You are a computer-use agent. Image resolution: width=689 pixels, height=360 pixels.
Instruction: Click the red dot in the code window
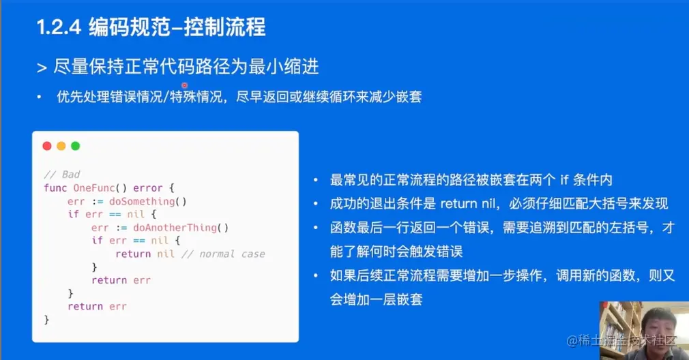coord(47,146)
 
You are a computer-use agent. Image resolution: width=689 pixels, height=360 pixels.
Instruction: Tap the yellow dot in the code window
coord(61,146)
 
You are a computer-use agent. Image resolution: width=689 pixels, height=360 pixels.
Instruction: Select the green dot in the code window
coord(76,146)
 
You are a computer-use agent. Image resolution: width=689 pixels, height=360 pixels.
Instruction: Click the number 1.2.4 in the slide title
coord(59,27)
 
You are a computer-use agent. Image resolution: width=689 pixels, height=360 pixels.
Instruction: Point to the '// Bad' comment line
coord(62,175)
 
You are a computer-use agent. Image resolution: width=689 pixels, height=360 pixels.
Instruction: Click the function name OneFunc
coord(94,188)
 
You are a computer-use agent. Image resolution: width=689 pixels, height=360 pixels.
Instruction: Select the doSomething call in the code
coord(147,202)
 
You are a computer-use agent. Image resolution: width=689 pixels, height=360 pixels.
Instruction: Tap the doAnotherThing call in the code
coord(181,228)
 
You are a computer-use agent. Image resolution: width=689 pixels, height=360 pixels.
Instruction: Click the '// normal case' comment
coord(223,254)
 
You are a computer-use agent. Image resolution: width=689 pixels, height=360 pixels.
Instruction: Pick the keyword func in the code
coord(55,188)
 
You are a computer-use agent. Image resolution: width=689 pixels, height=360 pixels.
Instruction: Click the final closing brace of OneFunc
coord(46,320)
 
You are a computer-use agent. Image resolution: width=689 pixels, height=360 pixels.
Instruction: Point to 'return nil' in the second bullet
coord(467,204)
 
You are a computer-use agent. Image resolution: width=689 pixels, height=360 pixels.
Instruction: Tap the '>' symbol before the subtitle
coord(42,68)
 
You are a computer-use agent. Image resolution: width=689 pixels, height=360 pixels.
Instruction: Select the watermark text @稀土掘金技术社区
coord(621,341)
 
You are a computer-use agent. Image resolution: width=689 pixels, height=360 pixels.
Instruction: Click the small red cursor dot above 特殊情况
coord(185,85)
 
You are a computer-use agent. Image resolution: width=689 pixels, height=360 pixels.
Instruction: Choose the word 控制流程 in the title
coord(224,27)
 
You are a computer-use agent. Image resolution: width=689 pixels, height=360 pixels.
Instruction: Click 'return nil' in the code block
coord(145,254)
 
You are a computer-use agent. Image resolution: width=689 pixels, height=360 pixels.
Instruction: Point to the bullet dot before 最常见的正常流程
coord(315,180)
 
